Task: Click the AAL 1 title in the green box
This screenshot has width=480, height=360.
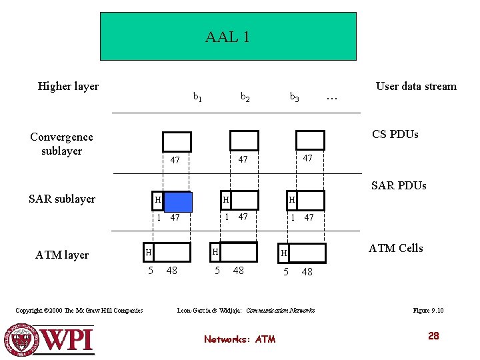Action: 227,37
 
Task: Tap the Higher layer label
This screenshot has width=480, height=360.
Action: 68,86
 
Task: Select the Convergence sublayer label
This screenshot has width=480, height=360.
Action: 61,143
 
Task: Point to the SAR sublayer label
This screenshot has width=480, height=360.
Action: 62,199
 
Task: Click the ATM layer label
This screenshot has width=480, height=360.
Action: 62,255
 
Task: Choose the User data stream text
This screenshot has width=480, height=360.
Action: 416,86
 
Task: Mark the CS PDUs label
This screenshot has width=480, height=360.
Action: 395,134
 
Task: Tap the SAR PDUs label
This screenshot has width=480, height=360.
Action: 398,185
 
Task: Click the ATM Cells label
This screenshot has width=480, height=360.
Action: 395,248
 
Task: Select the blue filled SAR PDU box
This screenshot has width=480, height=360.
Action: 177,201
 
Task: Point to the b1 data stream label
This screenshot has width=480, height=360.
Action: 198,97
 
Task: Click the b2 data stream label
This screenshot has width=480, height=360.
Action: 245,97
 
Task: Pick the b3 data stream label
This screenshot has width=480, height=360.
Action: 294,97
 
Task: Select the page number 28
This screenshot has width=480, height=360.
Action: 433,336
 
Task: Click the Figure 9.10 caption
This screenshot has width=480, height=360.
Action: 429,311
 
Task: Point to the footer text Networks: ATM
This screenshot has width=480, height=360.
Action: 239,339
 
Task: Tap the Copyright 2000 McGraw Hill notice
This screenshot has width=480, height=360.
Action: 79,311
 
